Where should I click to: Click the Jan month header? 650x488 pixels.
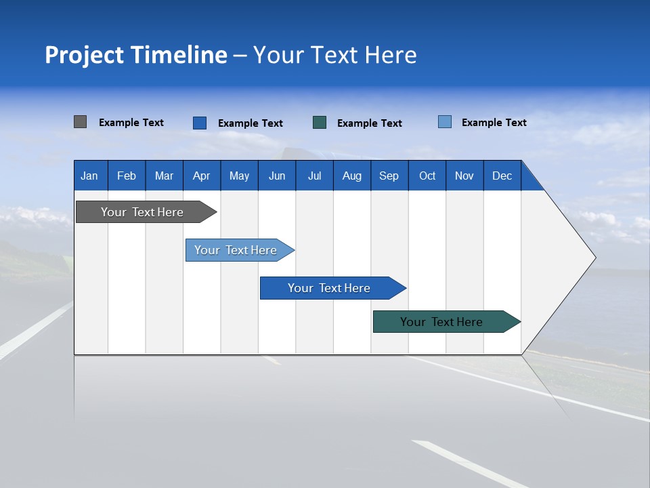90,176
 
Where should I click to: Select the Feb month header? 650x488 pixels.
127,176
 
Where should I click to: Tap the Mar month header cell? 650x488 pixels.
164,176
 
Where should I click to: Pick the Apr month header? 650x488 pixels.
202,176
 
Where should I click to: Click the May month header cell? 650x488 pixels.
239,176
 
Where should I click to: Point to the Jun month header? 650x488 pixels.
277,176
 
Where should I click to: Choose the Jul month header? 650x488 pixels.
314,176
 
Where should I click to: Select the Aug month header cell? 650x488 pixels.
352,176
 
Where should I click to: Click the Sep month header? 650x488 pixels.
389,176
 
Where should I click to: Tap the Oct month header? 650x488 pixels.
427,176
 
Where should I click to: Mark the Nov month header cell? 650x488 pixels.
464,176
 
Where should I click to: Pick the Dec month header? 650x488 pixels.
502,176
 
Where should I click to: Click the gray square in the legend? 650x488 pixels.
80,122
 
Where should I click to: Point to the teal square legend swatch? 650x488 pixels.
320,123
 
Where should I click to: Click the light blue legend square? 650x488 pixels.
444,122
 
